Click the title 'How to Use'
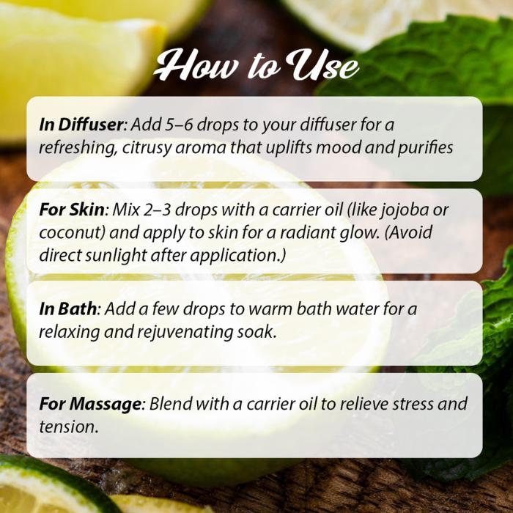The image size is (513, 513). pyautogui.click(x=256, y=65)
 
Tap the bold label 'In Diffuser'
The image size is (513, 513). pyautogui.click(x=81, y=125)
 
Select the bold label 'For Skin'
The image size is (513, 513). pyautogui.click(x=72, y=210)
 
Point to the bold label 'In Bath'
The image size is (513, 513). pyautogui.click(x=67, y=309)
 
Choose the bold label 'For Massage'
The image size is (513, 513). pyautogui.click(x=90, y=404)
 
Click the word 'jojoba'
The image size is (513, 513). pyautogui.click(x=405, y=211)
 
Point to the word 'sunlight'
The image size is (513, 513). pyautogui.click(x=116, y=256)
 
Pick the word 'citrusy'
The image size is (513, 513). pyautogui.click(x=147, y=148)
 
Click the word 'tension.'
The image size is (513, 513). pyautogui.click(x=69, y=427)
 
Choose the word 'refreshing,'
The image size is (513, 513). pyautogui.click(x=78, y=148)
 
